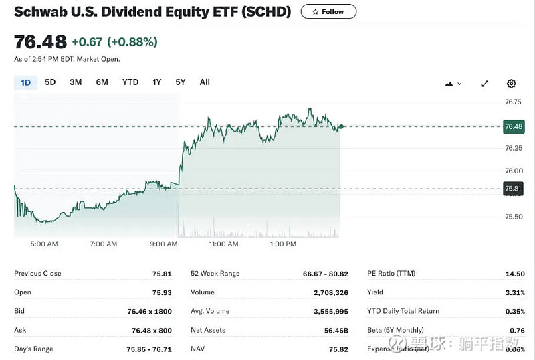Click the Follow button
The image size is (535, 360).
pyautogui.click(x=328, y=11)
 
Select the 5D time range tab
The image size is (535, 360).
pyautogui.click(x=50, y=82)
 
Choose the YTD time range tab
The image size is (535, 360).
pyautogui.click(x=130, y=82)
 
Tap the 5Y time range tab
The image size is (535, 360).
pyautogui.click(x=181, y=82)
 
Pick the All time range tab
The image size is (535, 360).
pyautogui.click(x=205, y=82)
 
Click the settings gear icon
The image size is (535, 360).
pyautogui.click(x=512, y=84)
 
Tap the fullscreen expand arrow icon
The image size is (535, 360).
pyautogui.click(x=485, y=84)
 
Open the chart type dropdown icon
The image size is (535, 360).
pyautogui.click(x=453, y=84)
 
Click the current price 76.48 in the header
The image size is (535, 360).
pyautogui.click(x=40, y=42)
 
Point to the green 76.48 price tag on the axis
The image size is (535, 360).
pyautogui.click(x=514, y=126)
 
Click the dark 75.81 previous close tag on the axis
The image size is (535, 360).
pyautogui.click(x=514, y=189)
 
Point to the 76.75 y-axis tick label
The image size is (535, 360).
pyautogui.click(x=514, y=102)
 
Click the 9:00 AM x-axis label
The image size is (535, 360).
pyautogui.click(x=164, y=244)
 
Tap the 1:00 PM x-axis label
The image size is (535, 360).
pyautogui.click(x=283, y=244)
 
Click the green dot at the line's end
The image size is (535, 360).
pyautogui.click(x=341, y=126)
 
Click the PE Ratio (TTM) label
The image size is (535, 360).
pyautogui.click(x=391, y=274)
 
